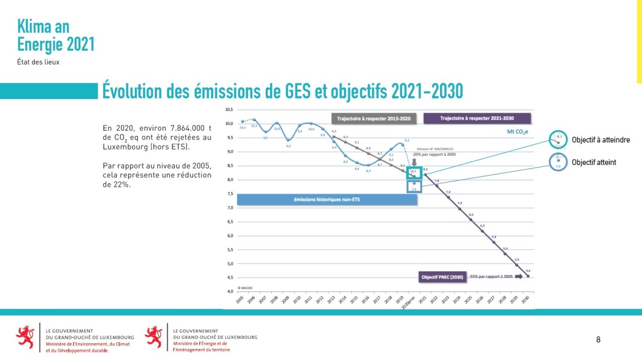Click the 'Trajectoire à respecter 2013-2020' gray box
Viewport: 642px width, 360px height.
tap(373, 119)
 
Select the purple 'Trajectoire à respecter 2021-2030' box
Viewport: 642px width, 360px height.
tap(477, 119)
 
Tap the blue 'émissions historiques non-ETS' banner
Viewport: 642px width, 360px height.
tap(327, 200)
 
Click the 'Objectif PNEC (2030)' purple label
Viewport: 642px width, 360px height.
tap(442, 277)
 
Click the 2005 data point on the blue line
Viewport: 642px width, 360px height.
tap(242, 121)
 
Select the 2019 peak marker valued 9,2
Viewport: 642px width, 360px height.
tap(402, 144)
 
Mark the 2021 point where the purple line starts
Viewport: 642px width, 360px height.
tap(425, 174)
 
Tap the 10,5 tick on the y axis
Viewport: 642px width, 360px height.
tap(229, 110)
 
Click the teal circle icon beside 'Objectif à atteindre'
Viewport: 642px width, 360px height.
tap(558, 140)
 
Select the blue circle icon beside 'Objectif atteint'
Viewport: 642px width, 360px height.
tap(558, 162)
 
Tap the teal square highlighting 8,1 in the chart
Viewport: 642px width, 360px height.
tap(414, 172)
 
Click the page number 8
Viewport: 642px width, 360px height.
tap(598, 340)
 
